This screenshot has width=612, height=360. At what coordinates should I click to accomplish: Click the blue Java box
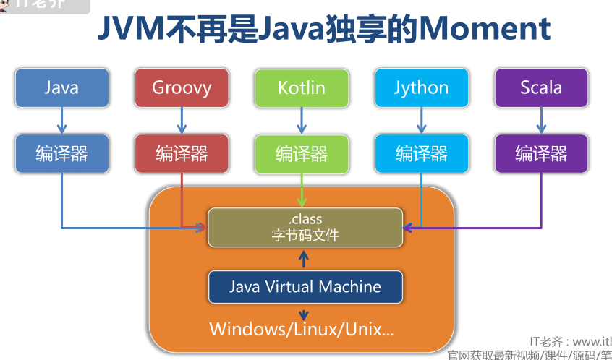(x=61, y=87)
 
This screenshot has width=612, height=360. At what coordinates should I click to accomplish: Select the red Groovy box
(x=182, y=87)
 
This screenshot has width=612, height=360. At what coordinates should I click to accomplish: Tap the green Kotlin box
(x=301, y=87)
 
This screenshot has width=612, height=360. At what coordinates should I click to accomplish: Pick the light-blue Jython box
(x=421, y=87)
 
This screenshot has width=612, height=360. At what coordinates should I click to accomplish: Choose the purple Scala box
(x=541, y=87)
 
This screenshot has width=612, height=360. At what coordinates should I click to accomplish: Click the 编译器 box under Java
(x=61, y=153)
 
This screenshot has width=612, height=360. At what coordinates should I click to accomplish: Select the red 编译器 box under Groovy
(x=182, y=153)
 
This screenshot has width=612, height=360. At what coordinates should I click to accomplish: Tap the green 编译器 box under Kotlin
(x=301, y=153)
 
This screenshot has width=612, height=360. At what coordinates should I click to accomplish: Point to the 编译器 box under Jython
(x=421, y=153)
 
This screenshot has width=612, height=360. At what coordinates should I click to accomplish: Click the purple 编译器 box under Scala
(x=541, y=153)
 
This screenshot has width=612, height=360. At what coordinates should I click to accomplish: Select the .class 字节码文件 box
(x=304, y=227)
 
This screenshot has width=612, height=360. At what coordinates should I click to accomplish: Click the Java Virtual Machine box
(x=305, y=286)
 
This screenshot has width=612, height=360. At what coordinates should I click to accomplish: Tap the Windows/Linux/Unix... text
(x=302, y=329)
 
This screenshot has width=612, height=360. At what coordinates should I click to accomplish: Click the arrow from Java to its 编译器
(x=61, y=121)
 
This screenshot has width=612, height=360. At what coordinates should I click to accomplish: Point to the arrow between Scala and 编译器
(x=541, y=121)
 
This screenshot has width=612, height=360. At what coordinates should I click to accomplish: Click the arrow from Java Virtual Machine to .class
(x=304, y=258)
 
